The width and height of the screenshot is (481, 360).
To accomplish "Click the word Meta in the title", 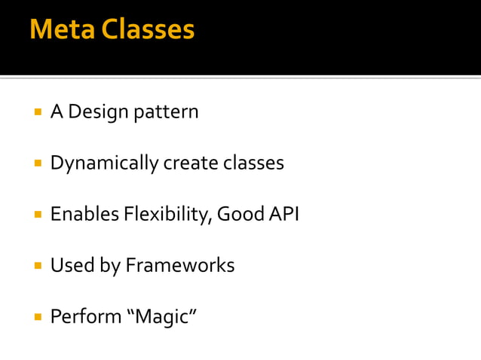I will pyautogui.click(x=61, y=29).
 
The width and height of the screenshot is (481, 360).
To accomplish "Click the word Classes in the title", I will pyautogui.click(x=148, y=29).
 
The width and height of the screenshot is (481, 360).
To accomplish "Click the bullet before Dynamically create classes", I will pyautogui.click(x=36, y=163).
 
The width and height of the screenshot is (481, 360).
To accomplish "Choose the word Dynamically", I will pyautogui.click(x=104, y=163).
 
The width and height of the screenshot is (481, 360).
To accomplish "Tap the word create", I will pyautogui.click(x=191, y=163).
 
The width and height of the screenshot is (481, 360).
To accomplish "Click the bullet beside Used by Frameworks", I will pyautogui.click(x=36, y=266).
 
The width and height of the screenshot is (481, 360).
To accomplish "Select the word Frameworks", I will pyautogui.click(x=179, y=266).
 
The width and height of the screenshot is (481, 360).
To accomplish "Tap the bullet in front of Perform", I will pyautogui.click(x=36, y=317).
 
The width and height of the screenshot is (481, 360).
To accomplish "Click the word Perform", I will pyautogui.click(x=85, y=317).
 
